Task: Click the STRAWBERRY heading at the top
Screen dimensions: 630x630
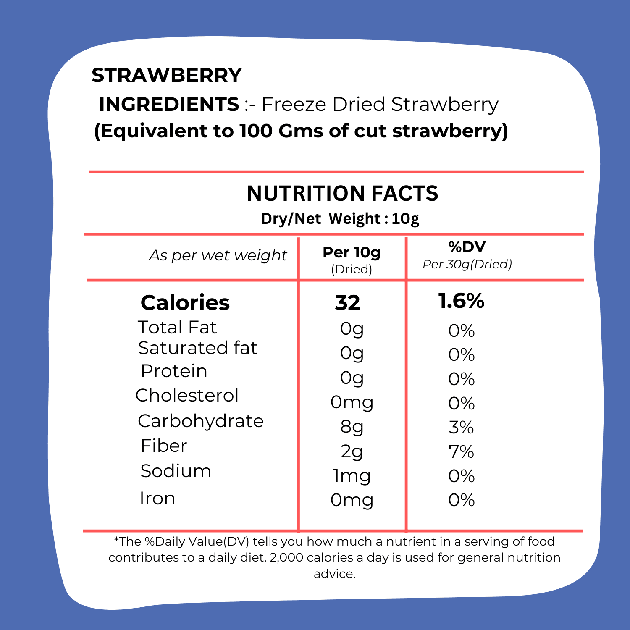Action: pyautogui.click(x=167, y=76)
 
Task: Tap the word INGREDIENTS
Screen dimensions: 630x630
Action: pyautogui.click(x=169, y=104)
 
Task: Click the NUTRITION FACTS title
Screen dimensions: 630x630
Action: pyautogui.click(x=342, y=194)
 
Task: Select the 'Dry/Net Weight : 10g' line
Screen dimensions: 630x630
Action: pyautogui.click(x=340, y=219)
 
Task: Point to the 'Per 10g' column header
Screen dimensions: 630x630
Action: pyautogui.click(x=352, y=252)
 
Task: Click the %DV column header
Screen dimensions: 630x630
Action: pyautogui.click(x=467, y=247)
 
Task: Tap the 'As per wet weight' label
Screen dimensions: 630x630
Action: pyautogui.click(x=218, y=255)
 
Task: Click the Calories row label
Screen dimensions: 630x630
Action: pyautogui.click(x=185, y=302)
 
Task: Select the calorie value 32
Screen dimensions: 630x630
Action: pyautogui.click(x=348, y=303)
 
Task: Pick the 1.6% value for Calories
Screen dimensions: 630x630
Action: pyautogui.click(x=461, y=301)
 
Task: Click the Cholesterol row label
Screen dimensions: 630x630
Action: pyautogui.click(x=187, y=395)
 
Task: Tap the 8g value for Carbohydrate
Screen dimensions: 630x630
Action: pyautogui.click(x=352, y=427)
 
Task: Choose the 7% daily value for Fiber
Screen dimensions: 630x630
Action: pyautogui.click(x=461, y=452)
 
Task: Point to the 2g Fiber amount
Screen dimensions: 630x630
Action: pyautogui.click(x=352, y=451)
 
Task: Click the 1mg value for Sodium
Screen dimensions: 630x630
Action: pyautogui.click(x=352, y=476)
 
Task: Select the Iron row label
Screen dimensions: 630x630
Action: pyautogui.click(x=157, y=499)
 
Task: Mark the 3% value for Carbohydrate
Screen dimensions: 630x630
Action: pyautogui.click(x=461, y=428)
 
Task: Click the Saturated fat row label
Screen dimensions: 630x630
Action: pyautogui.click(x=197, y=348)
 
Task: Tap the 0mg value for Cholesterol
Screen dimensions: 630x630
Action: pyautogui.click(x=352, y=402)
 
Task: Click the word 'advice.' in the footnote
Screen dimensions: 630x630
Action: pyautogui.click(x=335, y=574)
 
